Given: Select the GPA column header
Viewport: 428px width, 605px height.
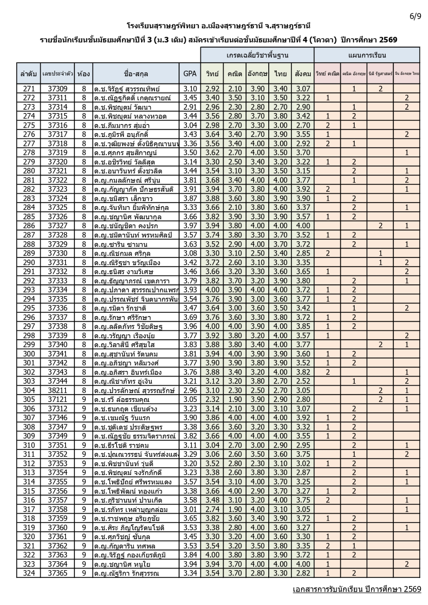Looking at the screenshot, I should [x=190, y=74].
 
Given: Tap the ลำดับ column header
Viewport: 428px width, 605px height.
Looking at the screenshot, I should [x=29, y=74].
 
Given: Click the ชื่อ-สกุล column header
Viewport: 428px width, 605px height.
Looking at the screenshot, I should [x=136, y=74].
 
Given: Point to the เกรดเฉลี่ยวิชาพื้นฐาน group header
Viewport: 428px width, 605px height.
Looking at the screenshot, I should [x=257, y=55].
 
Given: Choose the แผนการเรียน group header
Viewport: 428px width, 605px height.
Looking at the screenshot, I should [x=367, y=55].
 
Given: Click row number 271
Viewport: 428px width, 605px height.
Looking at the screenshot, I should [x=29, y=89].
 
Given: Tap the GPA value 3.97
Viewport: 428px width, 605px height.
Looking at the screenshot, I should [x=190, y=226].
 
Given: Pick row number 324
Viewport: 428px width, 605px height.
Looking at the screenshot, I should [x=29, y=573].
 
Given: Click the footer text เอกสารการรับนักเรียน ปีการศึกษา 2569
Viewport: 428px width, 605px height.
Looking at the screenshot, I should [x=356, y=589].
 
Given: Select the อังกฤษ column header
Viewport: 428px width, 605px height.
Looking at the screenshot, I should [x=257, y=74].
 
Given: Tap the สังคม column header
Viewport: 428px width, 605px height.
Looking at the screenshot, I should [x=303, y=74].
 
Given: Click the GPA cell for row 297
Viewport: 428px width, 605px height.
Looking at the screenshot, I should [x=190, y=326].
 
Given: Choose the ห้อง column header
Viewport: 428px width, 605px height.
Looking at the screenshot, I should [x=84, y=74].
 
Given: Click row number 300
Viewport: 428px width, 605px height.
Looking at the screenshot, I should [x=29, y=354].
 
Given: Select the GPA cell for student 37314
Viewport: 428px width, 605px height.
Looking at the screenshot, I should [x=190, y=107].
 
